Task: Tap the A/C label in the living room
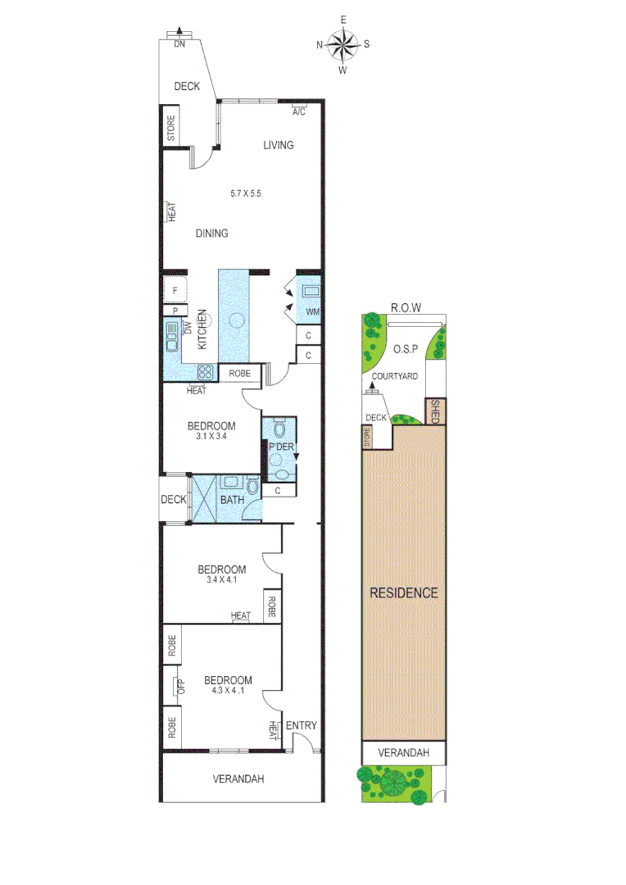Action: [x=298, y=111]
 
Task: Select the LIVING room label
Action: [x=278, y=146]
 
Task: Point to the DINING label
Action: [x=211, y=234]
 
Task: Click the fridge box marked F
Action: [x=175, y=289]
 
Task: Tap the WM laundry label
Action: [x=312, y=312]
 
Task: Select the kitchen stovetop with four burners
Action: [x=206, y=371]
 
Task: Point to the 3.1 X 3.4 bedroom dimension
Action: [x=211, y=438]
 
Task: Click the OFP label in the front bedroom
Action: [x=181, y=685]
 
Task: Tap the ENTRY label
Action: [x=301, y=725]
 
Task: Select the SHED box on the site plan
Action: [x=435, y=411]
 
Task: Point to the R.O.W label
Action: [x=405, y=308]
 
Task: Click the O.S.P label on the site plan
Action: [x=406, y=349]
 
